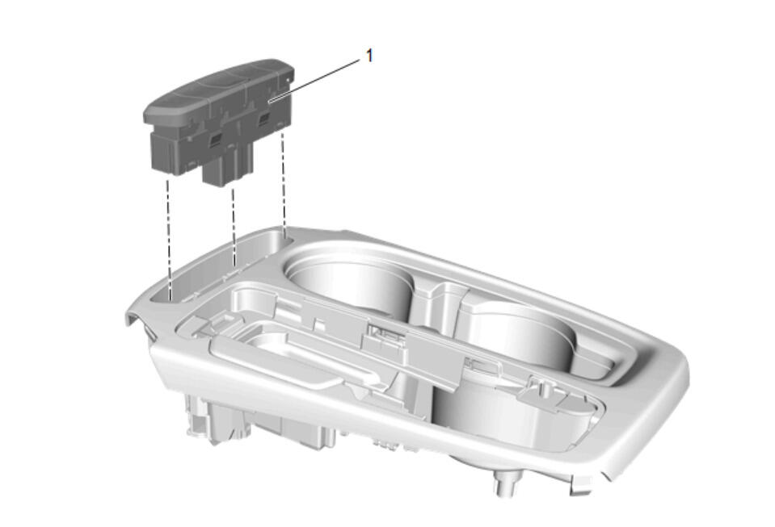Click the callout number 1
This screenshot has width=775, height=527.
point(369,56)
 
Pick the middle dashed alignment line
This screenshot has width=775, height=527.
point(234,227)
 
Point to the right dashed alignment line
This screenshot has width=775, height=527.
point(283,179)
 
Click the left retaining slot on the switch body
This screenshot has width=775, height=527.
point(216,140)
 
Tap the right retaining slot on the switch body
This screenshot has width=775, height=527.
point(265,118)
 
